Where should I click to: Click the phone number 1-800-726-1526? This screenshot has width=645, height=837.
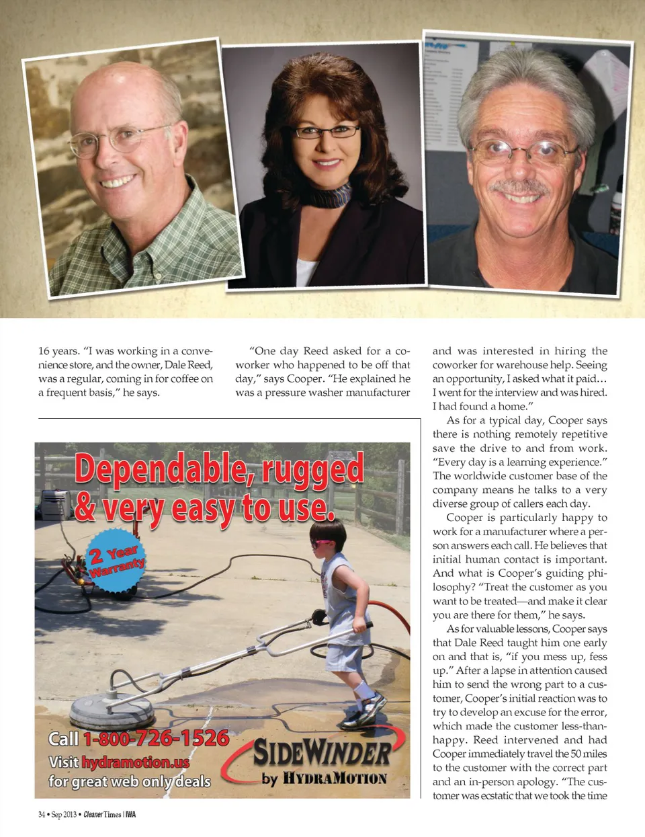[x=156, y=738]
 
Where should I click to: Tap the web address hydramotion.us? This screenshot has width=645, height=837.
[x=135, y=762]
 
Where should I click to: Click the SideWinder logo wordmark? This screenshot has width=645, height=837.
[x=322, y=753]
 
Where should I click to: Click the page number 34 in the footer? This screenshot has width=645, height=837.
[x=42, y=815]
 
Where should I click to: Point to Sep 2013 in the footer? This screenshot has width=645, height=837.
[x=64, y=815]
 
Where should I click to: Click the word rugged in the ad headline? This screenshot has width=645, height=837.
[x=313, y=469]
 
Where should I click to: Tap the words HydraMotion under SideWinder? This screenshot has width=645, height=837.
[x=334, y=779]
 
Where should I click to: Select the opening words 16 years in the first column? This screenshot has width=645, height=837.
[x=58, y=351]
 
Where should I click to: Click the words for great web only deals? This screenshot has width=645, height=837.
[x=129, y=781]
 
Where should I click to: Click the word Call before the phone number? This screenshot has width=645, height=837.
[x=63, y=739]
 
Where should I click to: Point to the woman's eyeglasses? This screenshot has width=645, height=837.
[x=327, y=132]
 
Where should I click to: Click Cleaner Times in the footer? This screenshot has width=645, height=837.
[x=102, y=815]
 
